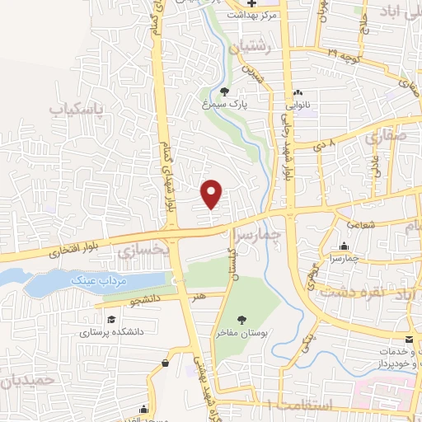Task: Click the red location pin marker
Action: (213, 193)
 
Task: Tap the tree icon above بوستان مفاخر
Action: (242, 319)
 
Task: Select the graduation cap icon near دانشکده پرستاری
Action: (109, 318)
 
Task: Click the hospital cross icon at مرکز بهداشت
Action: (251, 2)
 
